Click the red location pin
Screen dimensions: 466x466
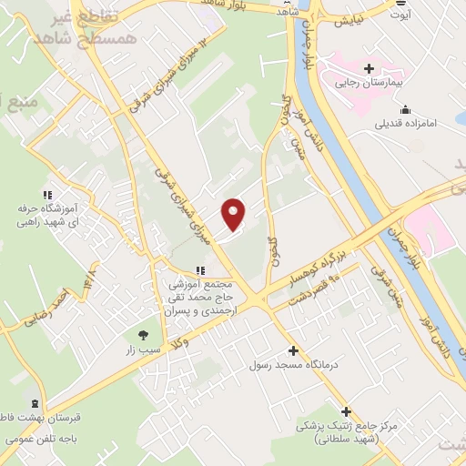[x=234, y=214]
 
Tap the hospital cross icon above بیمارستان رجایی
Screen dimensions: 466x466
[x=369, y=69]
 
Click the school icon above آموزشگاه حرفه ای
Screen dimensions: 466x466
[x=46, y=194]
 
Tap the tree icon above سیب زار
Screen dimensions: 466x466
[x=142, y=334]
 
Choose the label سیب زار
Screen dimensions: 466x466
[x=142, y=349]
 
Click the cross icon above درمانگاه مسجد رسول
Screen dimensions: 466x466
[x=292, y=350]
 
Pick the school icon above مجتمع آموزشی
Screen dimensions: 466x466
[x=201, y=269]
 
